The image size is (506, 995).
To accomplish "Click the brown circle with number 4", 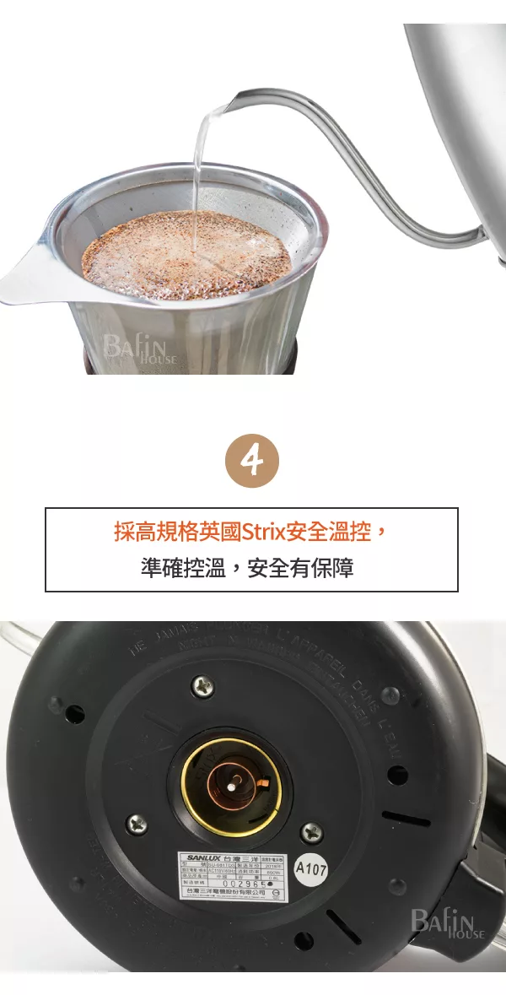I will pos(252,462).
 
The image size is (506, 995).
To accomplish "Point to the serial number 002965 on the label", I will pos(247,882).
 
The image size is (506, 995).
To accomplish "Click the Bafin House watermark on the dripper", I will pos(139,347).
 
